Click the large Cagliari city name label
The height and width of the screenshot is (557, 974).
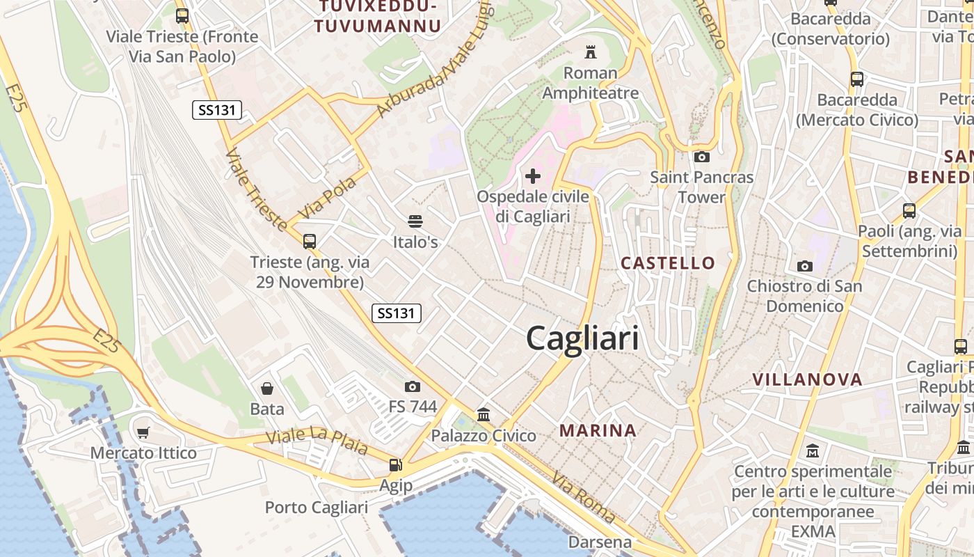pos(582,339)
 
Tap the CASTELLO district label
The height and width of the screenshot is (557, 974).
pos(668,262)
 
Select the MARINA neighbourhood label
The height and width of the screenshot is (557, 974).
pos(598,430)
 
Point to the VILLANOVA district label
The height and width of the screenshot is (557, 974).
pos(808,379)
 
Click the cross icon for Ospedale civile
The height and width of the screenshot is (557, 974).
pos(533,176)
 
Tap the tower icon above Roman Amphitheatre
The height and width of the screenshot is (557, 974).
pos(591,52)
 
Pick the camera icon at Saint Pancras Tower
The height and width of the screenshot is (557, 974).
pos(701,157)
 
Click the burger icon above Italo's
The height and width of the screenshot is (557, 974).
pos(415,221)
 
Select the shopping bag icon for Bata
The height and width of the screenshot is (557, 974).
pos(267,388)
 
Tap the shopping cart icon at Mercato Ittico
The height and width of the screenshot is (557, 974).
pos(143,432)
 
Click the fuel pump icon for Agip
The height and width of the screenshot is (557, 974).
pos(395,464)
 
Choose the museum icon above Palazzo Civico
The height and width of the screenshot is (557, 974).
pos(484,415)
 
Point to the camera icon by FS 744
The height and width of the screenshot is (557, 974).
pos(413,386)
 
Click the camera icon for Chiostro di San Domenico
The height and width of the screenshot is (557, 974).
pos(805,266)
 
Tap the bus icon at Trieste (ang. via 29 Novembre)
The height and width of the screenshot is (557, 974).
pos(310,242)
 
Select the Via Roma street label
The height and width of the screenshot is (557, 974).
pos(584,497)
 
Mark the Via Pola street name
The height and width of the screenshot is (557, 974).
pos(327,197)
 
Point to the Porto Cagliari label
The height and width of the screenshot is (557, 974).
pos(317,508)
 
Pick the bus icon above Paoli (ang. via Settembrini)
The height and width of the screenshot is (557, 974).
pos(909,210)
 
